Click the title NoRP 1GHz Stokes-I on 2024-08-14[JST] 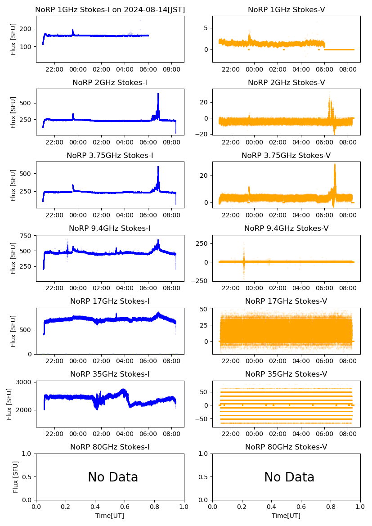pyautogui.click(x=110, y=9)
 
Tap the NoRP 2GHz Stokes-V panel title pyautogui.click(x=286, y=82)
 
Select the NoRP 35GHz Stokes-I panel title pyautogui.click(x=110, y=374)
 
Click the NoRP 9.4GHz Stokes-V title pyautogui.click(x=286, y=228)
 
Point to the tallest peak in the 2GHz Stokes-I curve pyautogui.click(x=158, y=94)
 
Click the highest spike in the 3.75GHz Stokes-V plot pyautogui.click(x=335, y=165)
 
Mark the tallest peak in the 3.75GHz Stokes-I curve pyautogui.click(x=158, y=167)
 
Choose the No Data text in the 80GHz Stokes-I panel pyautogui.click(x=113, y=477)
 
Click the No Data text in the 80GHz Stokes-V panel pyautogui.click(x=289, y=477)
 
